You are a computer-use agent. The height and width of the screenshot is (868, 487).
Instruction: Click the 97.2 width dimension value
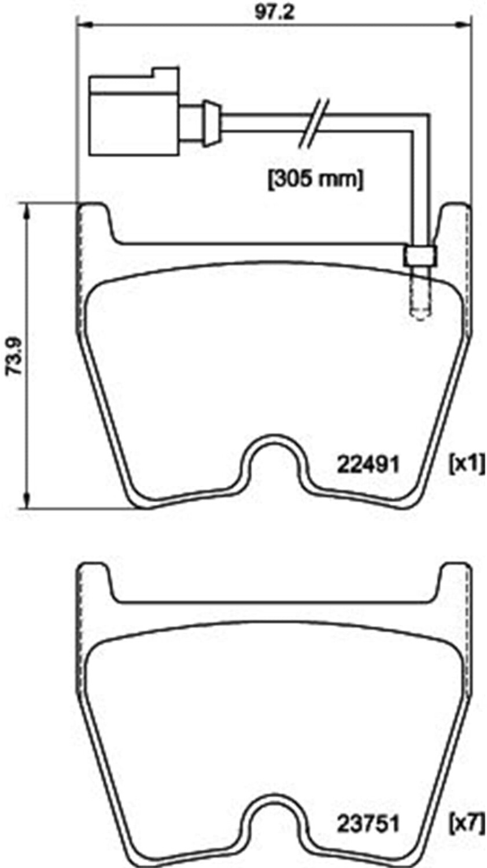[275, 12]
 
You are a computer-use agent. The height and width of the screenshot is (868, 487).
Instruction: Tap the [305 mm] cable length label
[316, 179]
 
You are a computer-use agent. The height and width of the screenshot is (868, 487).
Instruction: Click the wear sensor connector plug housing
[134, 112]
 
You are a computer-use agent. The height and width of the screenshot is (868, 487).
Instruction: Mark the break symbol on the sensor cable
[313, 123]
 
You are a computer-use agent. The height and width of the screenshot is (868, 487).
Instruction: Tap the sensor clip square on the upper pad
[420, 256]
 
